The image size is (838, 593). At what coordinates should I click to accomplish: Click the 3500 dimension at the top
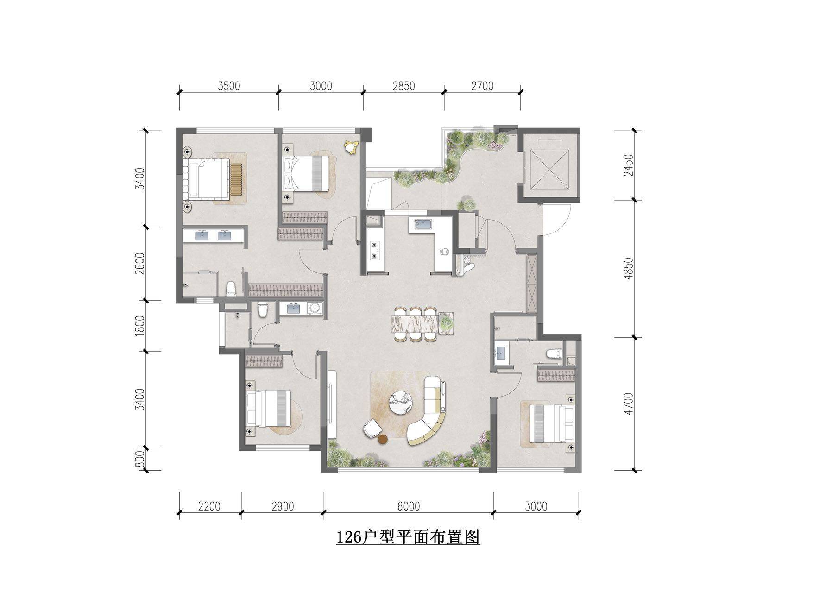[229, 86]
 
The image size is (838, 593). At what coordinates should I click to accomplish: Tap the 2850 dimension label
[403, 86]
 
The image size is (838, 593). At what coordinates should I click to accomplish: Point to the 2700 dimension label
[482, 86]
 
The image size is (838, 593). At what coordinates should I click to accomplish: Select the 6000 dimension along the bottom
[408, 506]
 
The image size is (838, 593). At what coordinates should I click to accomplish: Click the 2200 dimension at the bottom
[209, 506]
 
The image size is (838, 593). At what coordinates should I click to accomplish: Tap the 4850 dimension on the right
[628, 269]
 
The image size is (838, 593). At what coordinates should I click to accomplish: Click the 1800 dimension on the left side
[141, 326]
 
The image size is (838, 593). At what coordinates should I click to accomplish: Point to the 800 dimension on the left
[141, 460]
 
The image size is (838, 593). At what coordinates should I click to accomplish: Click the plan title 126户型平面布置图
[408, 537]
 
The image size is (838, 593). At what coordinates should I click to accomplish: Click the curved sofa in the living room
[428, 410]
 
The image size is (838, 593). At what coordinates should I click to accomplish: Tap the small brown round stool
[383, 440]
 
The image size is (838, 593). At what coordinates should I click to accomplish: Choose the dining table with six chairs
[422, 323]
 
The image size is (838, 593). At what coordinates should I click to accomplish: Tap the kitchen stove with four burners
[374, 250]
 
